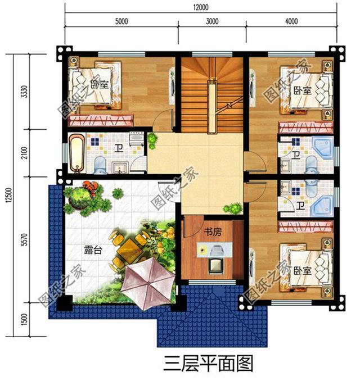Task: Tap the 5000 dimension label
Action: (x=121, y=22)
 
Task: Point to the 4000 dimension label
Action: (x=291, y=22)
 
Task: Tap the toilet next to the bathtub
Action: (x=100, y=164)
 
